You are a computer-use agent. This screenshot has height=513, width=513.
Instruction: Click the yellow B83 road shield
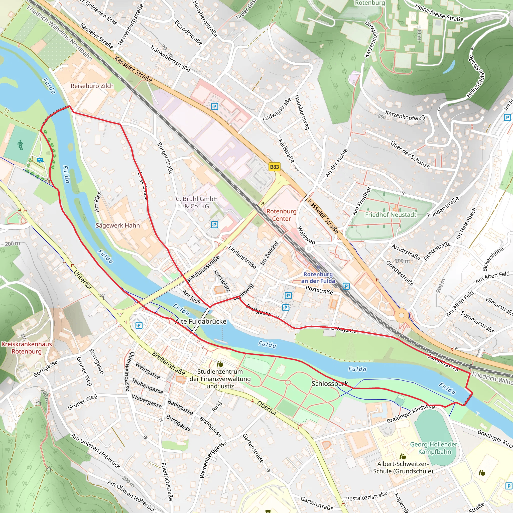tap(274, 167)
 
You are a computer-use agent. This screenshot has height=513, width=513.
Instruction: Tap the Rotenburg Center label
tap(281, 215)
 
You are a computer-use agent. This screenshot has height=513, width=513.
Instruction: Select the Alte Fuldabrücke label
tap(201, 321)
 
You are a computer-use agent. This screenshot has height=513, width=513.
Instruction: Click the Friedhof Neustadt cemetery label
tap(391, 215)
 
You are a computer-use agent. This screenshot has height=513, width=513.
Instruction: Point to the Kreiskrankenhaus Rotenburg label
tap(27, 348)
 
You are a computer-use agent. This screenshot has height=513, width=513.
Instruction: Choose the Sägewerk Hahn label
tap(117, 225)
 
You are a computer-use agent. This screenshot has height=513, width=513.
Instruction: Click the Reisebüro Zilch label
tap(92, 86)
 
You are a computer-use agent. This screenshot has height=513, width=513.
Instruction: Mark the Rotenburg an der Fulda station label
tap(318, 278)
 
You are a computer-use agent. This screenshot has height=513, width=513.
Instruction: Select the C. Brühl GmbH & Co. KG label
tap(197, 202)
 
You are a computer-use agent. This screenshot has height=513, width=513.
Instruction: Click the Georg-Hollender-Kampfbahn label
tap(434, 448)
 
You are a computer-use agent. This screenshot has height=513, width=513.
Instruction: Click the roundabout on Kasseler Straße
tap(402, 315)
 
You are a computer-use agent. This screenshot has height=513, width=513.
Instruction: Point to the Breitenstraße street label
tap(168, 363)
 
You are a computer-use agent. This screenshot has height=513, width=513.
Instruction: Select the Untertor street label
tap(83, 280)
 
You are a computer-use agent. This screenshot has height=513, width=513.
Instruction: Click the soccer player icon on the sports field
tap(21, 145)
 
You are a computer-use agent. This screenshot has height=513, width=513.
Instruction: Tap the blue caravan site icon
tap(40, 160)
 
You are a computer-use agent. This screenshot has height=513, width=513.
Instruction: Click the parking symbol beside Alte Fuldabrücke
tap(139, 325)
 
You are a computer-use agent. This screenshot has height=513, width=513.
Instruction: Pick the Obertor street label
tap(267, 408)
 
